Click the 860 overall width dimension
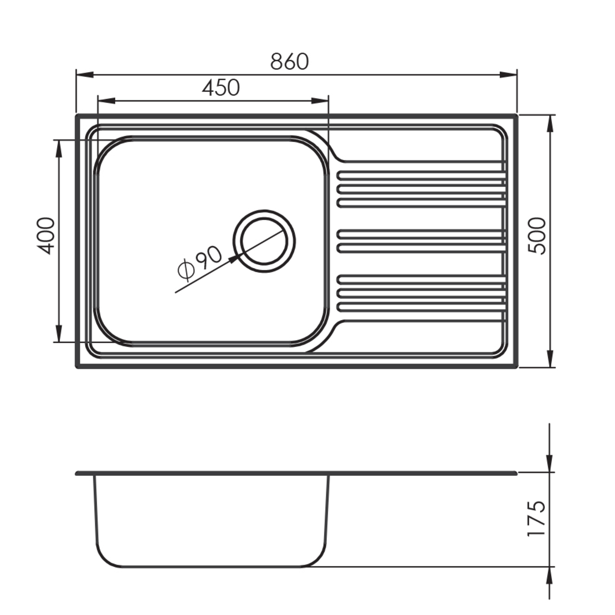tap(289, 61)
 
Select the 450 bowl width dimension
tap(221, 88)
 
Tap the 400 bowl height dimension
tap(45, 235)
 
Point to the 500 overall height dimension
tap(537, 236)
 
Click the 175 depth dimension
tap(536, 518)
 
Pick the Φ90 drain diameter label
tap(199, 263)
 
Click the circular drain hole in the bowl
tap(264, 241)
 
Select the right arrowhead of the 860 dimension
tap(508, 74)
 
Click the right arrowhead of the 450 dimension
tap(320, 101)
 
